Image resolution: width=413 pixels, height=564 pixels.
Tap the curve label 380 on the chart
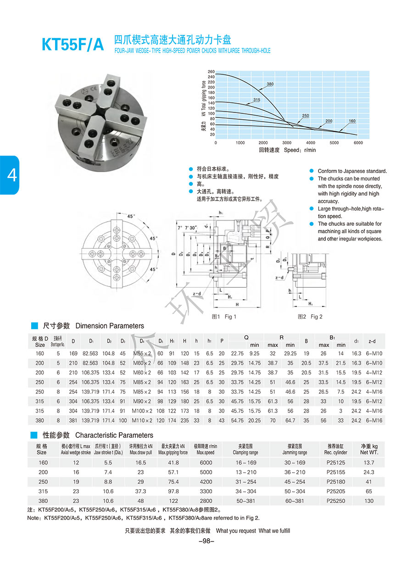click(270, 84)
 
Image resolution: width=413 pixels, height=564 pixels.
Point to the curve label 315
click(257, 100)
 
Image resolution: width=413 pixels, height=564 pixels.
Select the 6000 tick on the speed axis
click(358, 143)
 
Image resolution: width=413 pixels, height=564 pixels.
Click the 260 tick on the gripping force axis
click(211, 72)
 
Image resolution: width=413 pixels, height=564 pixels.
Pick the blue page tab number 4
click(10, 174)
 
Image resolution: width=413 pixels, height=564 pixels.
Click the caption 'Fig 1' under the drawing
click(224, 317)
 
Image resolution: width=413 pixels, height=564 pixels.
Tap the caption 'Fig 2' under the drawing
click(310, 317)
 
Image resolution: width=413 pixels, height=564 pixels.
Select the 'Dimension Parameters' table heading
click(109, 326)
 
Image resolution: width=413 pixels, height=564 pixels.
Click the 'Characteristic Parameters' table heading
click(114, 435)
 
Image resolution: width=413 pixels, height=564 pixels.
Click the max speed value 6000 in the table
click(206, 463)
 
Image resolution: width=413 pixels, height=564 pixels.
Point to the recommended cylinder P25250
click(336, 501)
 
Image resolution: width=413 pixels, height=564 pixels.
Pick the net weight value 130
click(369, 501)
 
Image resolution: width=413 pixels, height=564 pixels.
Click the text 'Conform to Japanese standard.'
click(352, 171)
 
